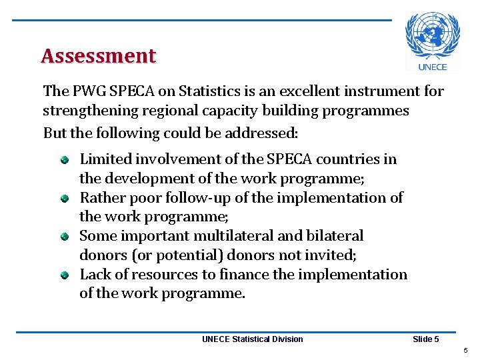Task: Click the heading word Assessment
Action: coord(98,56)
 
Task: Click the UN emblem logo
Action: coord(432,36)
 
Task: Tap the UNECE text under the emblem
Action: coord(432,67)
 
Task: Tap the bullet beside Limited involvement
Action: coord(65,159)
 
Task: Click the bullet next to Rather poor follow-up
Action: coord(65,198)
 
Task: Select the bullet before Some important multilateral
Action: coord(65,236)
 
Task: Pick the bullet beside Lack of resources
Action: coord(65,275)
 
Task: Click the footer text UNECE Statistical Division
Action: coord(252,339)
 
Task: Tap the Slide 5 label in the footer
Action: coord(425,339)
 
